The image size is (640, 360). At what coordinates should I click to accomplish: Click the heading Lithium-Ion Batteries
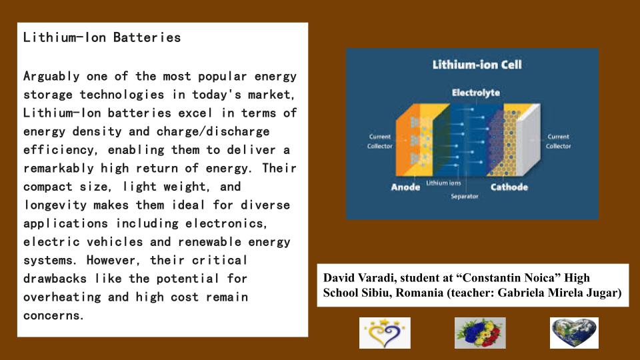click(102, 37)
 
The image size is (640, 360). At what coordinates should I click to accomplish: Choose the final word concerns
click(54, 315)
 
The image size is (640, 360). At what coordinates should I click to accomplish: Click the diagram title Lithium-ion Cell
click(477, 65)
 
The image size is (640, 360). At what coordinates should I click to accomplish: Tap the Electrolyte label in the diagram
click(475, 93)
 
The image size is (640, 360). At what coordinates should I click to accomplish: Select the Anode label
click(405, 187)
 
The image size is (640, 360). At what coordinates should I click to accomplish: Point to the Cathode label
click(509, 187)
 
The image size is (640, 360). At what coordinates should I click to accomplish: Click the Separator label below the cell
click(464, 197)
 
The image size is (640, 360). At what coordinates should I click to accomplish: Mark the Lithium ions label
click(443, 182)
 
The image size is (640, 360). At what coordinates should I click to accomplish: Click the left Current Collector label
click(380, 141)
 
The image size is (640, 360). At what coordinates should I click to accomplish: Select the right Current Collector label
click(558, 141)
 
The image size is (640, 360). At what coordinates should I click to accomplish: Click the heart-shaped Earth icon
click(574, 333)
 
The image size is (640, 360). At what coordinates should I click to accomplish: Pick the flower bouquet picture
click(480, 333)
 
